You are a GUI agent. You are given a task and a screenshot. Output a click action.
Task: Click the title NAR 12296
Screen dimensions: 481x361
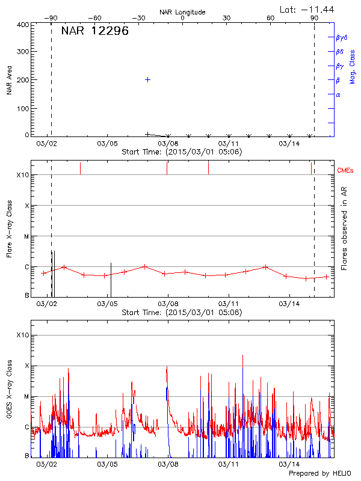94,31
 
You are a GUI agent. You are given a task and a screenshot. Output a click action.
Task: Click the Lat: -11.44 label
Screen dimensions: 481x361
308,9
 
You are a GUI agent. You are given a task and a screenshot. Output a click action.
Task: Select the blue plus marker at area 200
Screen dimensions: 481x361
147,79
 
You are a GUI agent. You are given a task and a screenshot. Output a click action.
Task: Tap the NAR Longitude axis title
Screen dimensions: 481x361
183,12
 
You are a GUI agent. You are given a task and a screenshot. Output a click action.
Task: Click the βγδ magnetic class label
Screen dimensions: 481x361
342,37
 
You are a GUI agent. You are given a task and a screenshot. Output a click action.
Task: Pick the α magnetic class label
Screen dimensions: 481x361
338,94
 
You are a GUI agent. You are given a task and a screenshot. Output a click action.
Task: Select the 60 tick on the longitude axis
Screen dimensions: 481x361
271,19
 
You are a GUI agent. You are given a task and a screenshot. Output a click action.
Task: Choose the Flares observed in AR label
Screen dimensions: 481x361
344,228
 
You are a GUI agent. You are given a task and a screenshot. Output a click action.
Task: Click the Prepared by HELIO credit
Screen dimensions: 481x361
319,473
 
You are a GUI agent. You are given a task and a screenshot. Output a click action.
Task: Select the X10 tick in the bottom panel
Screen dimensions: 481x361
23,335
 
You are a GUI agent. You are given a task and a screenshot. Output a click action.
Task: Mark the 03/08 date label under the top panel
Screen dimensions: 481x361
168,144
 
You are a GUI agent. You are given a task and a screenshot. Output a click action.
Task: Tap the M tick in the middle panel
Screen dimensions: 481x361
26,236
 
